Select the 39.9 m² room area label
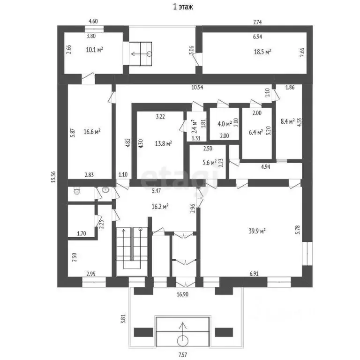click(x=257, y=230)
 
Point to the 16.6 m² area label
click(x=92, y=131)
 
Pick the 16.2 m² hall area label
click(x=159, y=205)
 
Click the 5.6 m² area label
click(x=210, y=163)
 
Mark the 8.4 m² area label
click(x=287, y=122)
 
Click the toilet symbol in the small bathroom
click(x=76, y=191)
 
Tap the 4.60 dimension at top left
click(x=94, y=22)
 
